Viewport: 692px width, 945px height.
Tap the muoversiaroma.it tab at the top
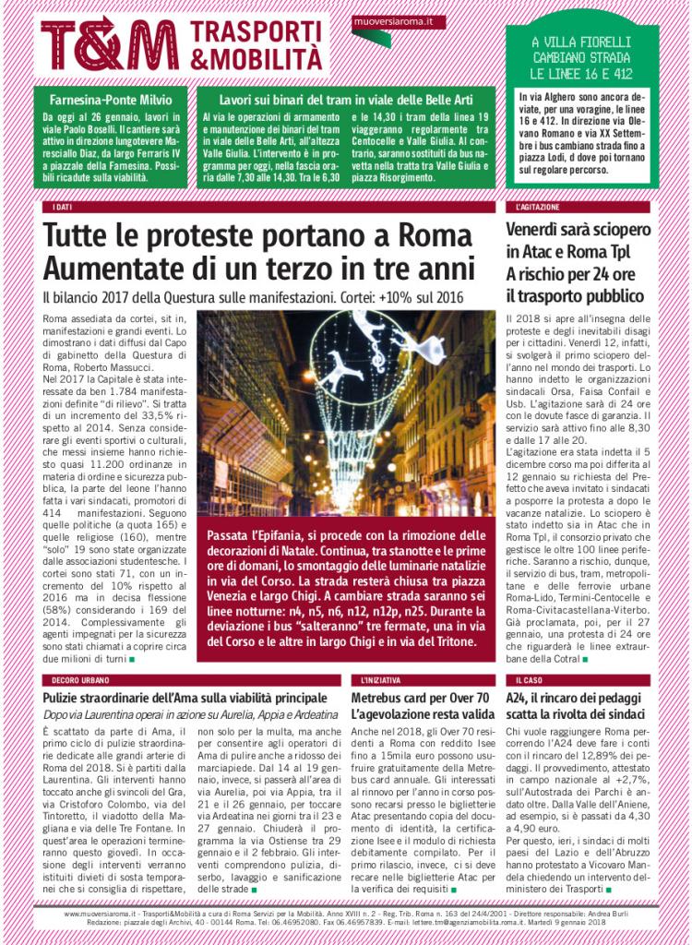click(386, 20)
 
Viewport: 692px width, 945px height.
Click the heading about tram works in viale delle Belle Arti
click(345, 98)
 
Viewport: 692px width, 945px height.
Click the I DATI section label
click(64, 208)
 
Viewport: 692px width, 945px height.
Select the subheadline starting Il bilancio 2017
click(253, 298)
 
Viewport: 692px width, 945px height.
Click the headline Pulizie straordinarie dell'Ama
click(185, 698)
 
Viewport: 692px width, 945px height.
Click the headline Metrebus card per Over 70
click(420, 698)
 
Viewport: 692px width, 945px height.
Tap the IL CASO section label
click(530, 680)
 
